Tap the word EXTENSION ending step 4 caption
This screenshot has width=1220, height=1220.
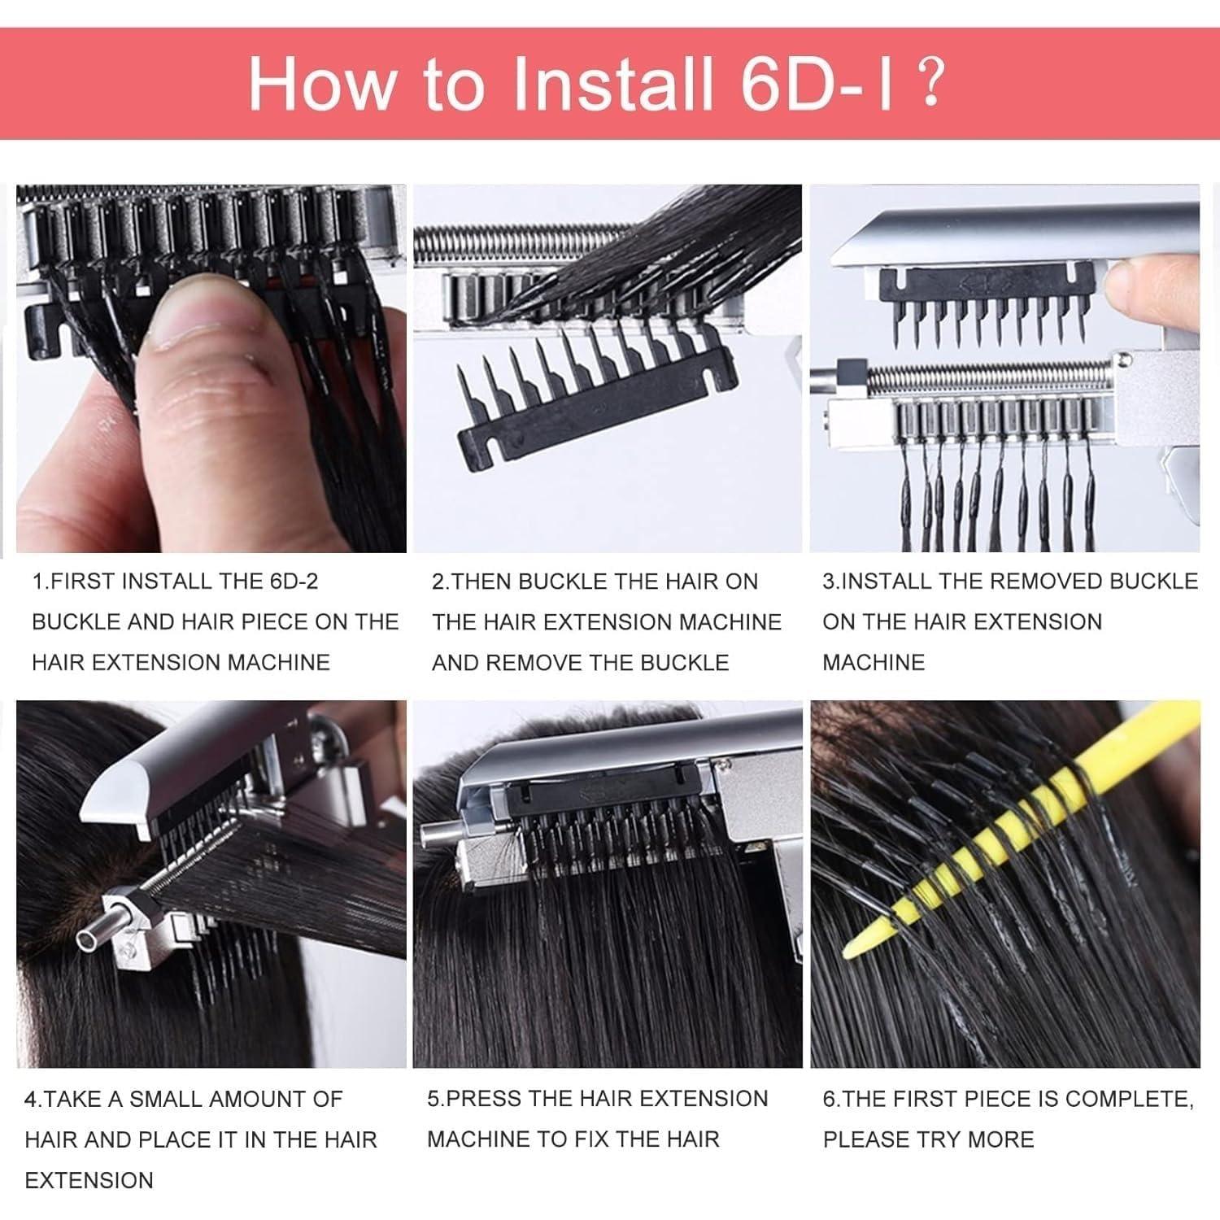point(89,1180)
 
